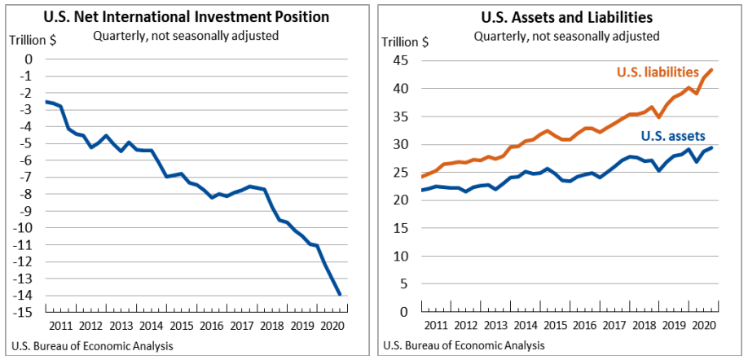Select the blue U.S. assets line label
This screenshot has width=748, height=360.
pyautogui.click(x=673, y=137)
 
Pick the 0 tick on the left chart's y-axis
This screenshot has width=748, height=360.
pyautogui.click(x=29, y=59)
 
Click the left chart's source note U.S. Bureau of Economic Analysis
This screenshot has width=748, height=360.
pyautogui.click(x=92, y=346)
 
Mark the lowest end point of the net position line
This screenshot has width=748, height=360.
pyautogui.click(x=339, y=295)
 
